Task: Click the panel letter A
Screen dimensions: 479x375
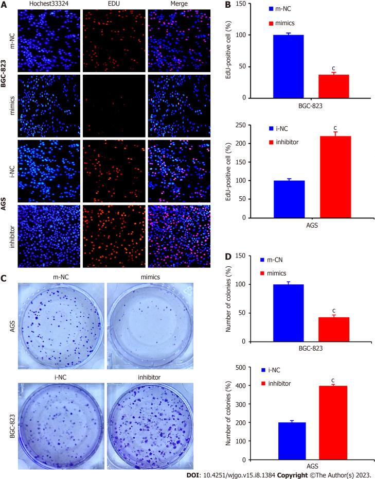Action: point(4,5)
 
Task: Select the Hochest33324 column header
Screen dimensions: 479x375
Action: point(48,4)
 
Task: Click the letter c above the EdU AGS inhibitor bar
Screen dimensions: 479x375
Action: point(334,128)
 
